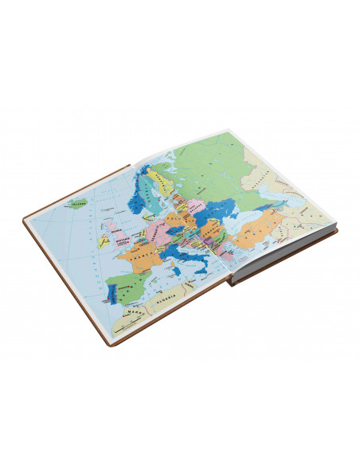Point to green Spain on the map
(125, 284)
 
